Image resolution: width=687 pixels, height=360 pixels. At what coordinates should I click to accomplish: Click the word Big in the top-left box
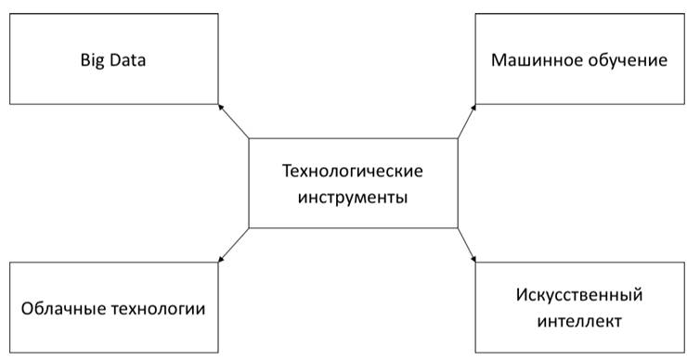(x=93, y=60)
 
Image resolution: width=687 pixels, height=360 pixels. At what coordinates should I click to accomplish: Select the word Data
(x=127, y=59)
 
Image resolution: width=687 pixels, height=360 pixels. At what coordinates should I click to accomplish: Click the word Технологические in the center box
(x=352, y=171)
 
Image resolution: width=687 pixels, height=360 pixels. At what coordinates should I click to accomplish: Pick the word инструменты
(x=353, y=198)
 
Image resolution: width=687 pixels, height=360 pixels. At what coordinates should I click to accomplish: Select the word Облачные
(x=63, y=308)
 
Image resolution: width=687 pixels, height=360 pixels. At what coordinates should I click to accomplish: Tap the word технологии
(x=158, y=309)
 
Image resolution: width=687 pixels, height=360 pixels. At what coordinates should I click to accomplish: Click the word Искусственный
(x=579, y=295)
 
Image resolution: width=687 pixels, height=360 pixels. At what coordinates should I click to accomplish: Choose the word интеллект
(x=579, y=321)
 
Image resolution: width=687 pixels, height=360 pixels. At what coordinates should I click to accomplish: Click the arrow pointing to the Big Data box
(x=234, y=122)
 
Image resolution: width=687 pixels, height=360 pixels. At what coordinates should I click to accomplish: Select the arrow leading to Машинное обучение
(x=467, y=122)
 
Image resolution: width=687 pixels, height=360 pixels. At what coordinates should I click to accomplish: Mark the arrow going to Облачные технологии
(x=234, y=245)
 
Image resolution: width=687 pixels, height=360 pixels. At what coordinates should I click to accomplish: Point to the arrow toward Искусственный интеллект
(x=467, y=245)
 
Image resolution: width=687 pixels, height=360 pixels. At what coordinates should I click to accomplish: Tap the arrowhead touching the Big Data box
(x=220, y=107)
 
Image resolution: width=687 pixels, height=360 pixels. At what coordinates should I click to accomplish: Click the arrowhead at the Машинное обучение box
(x=473, y=107)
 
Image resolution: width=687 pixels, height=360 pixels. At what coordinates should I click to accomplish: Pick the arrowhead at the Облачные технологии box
(x=220, y=260)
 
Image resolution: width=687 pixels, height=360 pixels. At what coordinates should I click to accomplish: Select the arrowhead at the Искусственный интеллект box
(x=473, y=260)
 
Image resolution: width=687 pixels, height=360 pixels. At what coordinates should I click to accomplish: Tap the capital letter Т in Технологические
(x=288, y=171)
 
